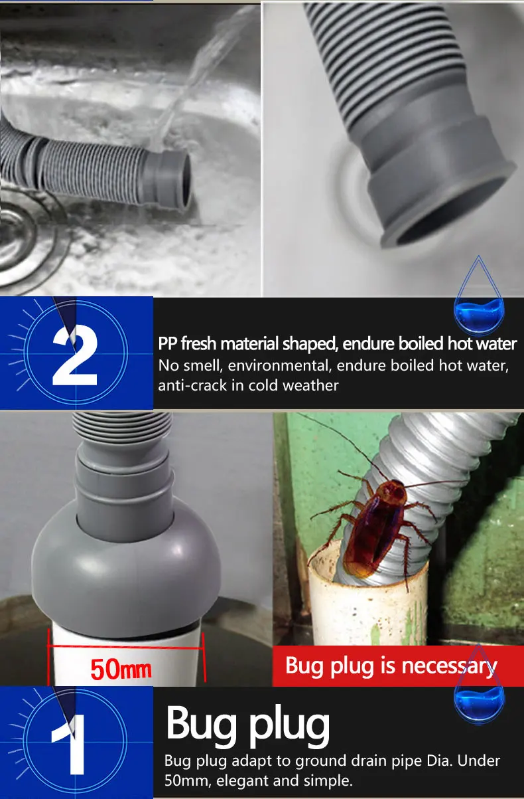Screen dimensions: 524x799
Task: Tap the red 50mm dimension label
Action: point(121,669)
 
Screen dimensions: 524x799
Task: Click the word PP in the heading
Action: point(167,344)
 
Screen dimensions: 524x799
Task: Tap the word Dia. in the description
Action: point(440,761)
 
